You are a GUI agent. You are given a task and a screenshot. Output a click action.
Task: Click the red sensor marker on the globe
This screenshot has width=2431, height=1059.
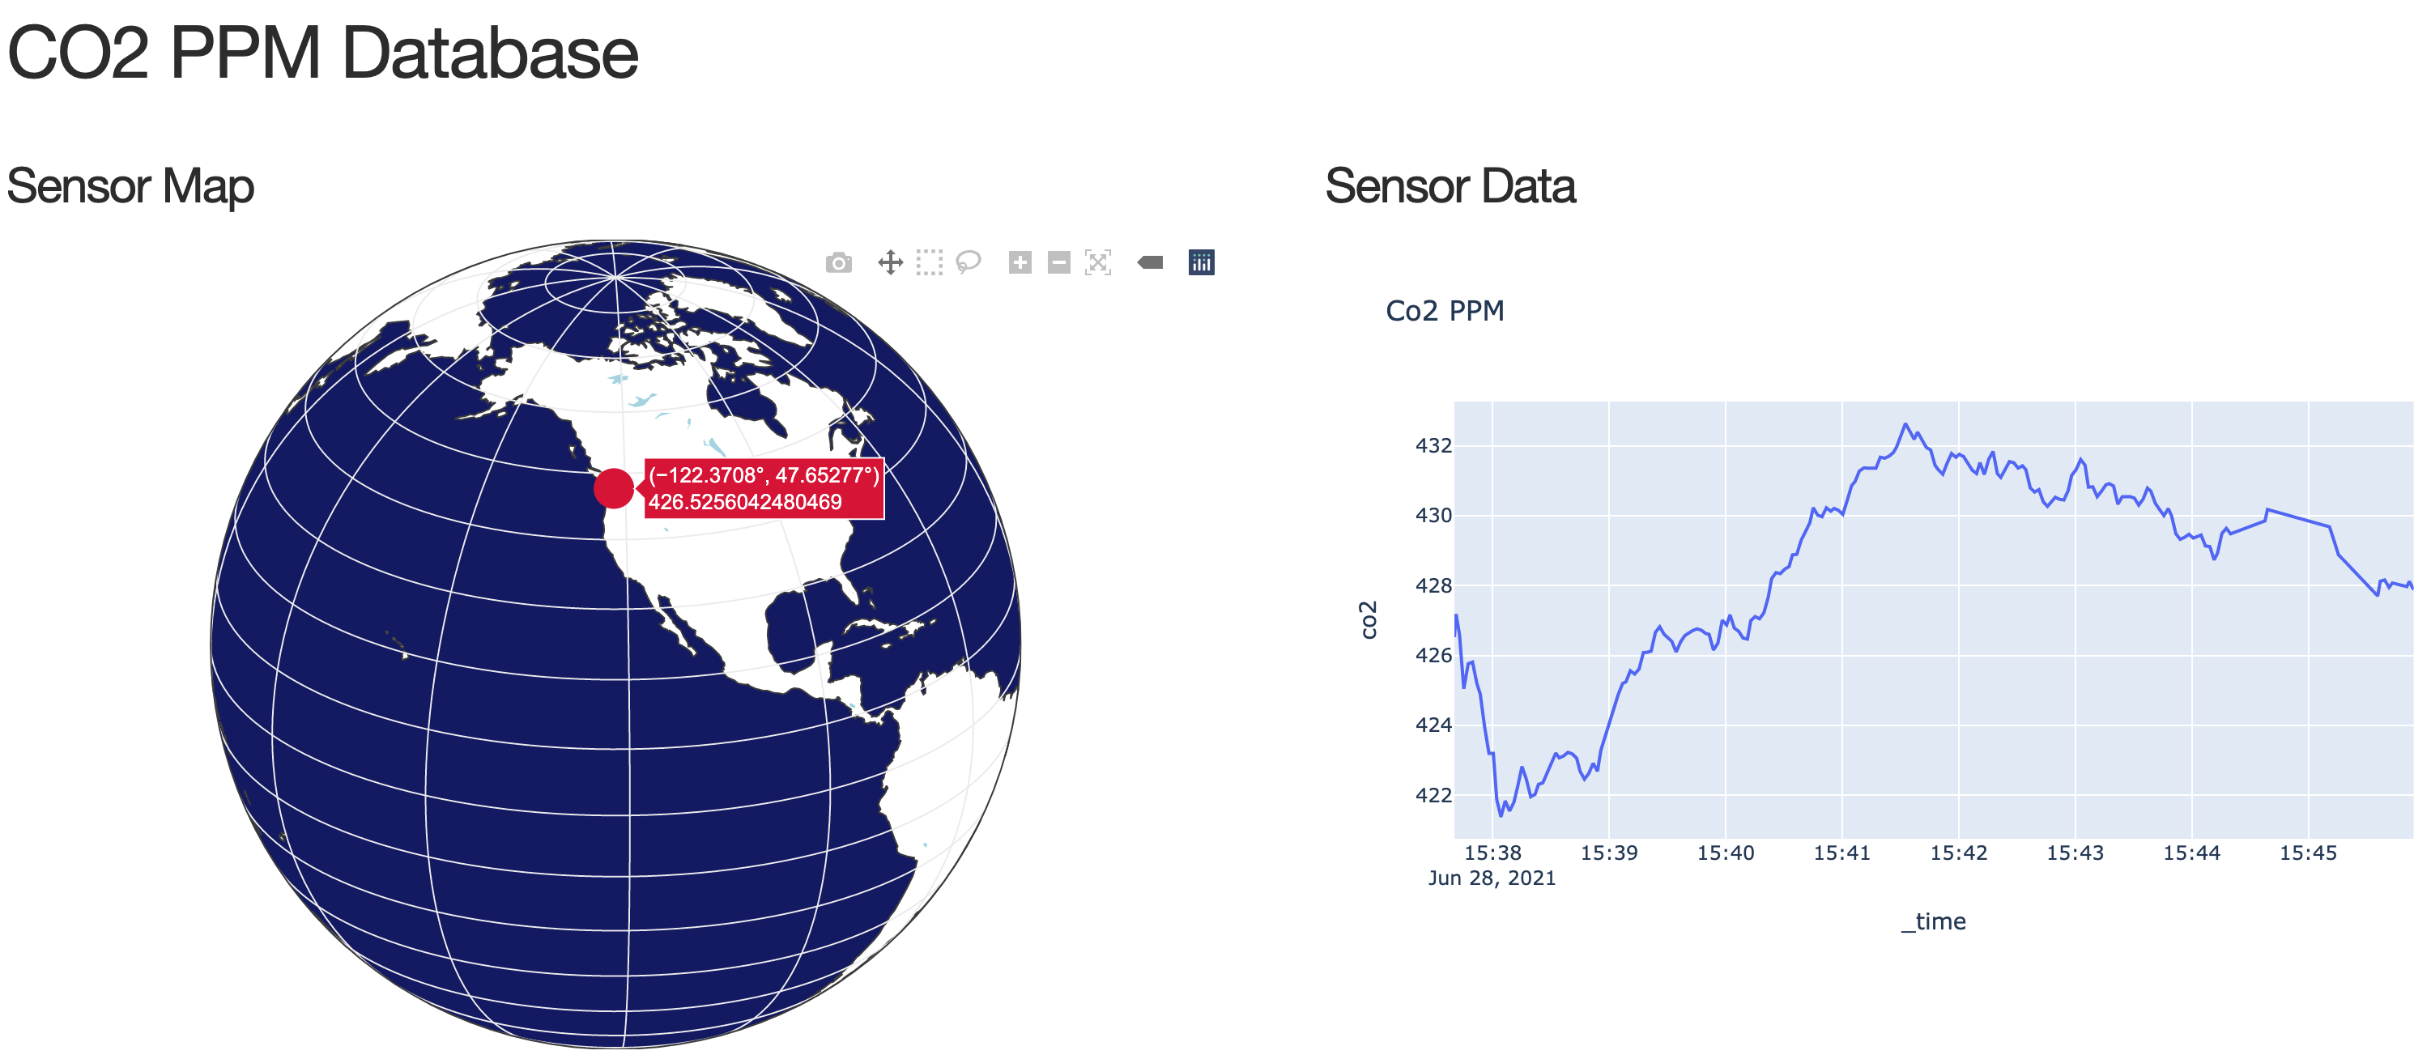click(612, 489)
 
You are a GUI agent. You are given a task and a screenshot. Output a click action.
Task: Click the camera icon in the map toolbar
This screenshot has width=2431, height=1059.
click(838, 262)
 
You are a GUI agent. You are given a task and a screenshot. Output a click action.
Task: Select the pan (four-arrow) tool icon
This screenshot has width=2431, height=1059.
click(890, 262)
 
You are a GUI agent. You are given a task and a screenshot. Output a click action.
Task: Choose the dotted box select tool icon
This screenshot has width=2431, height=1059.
click(930, 262)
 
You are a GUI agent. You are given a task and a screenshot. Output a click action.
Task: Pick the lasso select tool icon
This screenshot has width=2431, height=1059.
click(969, 262)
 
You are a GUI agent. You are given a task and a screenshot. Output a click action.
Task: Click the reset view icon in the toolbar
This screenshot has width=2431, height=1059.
click(1097, 262)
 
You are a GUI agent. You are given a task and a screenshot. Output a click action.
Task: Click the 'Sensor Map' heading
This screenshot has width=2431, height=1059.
click(130, 186)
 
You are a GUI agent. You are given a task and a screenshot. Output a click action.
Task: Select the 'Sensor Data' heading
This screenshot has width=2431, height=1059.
click(1450, 186)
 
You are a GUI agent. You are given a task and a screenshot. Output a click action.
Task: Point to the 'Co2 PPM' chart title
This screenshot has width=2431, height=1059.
click(1444, 311)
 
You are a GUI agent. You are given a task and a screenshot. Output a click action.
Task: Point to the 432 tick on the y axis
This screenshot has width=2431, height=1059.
click(1433, 445)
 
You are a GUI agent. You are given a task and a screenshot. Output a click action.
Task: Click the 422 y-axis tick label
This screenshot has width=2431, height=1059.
click(1433, 795)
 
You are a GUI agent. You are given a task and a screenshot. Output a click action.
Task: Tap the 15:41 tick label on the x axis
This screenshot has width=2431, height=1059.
click(1841, 853)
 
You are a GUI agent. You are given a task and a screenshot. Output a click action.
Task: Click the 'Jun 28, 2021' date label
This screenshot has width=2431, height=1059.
click(1491, 878)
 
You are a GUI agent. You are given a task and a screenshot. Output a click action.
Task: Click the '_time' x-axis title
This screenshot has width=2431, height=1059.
click(1933, 921)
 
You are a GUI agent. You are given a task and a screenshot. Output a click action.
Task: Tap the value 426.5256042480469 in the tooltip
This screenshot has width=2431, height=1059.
click(744, 502)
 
